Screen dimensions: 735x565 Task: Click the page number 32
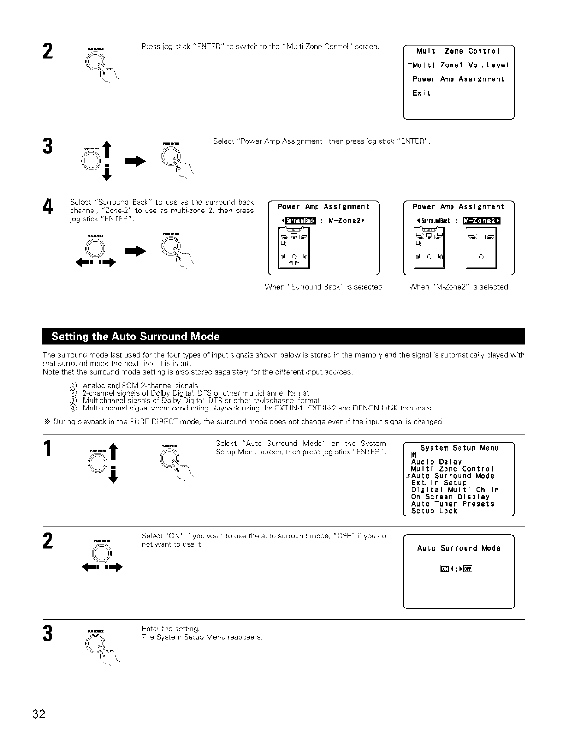39,714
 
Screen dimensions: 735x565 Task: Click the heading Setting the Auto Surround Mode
135,337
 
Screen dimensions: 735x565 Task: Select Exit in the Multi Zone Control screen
421,93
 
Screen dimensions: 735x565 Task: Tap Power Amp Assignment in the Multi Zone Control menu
458,79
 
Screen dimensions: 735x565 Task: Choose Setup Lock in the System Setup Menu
434,511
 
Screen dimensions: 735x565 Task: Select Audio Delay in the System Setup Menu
436,462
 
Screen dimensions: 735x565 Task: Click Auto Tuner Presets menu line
452,504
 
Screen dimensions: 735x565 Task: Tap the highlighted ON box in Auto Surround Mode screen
445,568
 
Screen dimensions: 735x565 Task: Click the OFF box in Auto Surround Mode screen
468,568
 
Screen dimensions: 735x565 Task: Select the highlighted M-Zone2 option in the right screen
481,221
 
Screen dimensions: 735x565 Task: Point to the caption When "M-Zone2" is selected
458,287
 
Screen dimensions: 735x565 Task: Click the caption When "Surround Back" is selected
323,287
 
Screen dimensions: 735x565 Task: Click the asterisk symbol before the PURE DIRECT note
47,422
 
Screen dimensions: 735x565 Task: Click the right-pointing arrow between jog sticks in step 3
138,161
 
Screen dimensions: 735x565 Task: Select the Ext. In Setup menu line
438,483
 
